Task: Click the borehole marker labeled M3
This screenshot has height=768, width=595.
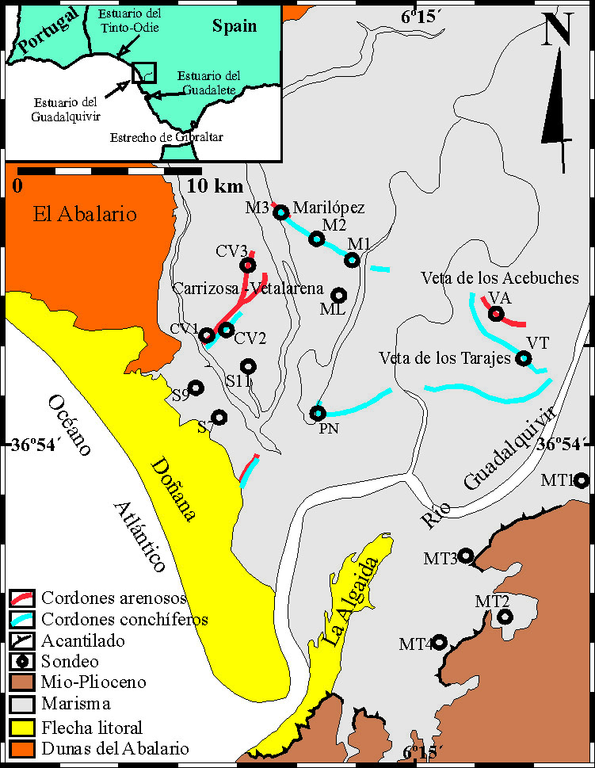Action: pos(280,212)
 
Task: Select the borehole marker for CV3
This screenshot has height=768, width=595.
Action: pos(248,265)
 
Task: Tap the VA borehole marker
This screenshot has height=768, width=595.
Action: pos(496,313)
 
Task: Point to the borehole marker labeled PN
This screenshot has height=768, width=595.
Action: pos(318,413)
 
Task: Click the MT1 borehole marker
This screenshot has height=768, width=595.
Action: pos(581,480)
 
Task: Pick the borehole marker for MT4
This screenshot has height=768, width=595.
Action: pos(438,642)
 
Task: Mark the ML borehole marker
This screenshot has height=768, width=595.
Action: pos(339,295)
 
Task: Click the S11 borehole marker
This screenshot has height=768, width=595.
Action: pos(249,366)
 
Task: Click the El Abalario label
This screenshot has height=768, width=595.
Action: pos(85,214)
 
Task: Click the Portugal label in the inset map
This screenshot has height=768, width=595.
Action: pos(51,31)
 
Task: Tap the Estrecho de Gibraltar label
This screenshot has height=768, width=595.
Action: pos(167,137)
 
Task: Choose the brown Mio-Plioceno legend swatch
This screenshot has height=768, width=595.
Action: pos(21,681)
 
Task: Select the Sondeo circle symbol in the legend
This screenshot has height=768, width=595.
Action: pos(21,659)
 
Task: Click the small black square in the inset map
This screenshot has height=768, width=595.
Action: pos(144,72)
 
